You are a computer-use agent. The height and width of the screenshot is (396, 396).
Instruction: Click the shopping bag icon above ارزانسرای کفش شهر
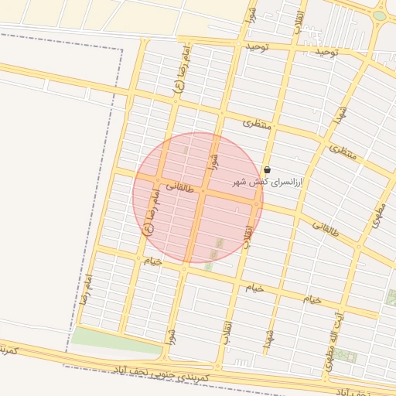click(x=267, y=169)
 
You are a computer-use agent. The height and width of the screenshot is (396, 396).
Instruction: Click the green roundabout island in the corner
click(x=379, y=15)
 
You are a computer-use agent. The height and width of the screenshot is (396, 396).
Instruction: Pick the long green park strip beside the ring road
click(x=116, y=340)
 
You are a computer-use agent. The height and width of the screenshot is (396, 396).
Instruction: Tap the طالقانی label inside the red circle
click(x=179, y=182)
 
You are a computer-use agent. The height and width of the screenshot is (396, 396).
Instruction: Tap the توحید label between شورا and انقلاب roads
click(x=257, y=47)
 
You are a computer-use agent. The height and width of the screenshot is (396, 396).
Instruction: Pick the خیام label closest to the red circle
click(x=152, y=261)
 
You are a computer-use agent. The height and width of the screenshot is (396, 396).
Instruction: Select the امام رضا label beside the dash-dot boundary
click(x=84, y=291)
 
